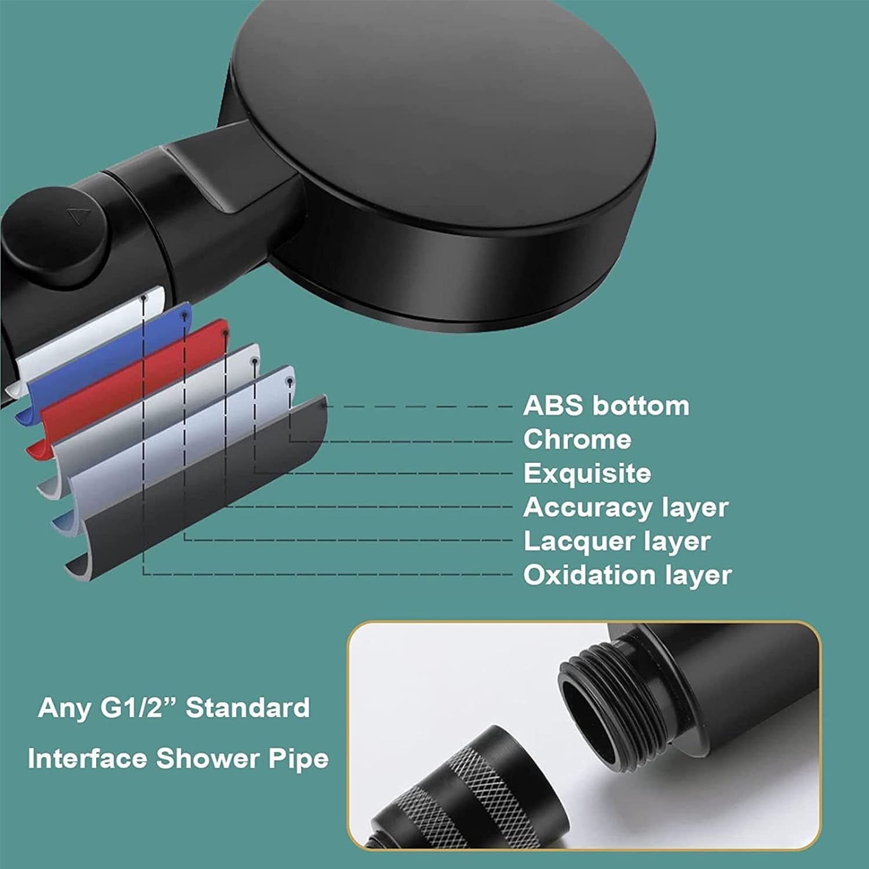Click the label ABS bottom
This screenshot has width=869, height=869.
[x=606, y=406]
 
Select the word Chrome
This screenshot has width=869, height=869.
[x=577, y=440]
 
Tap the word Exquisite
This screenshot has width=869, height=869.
[x=587, y=473]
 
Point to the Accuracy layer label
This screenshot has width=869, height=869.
[x=625, y=507]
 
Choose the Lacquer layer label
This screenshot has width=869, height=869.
[x=616, y=542]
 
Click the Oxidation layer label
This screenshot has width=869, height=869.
[x=627, y=575]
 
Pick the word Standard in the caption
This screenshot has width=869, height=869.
[x=247, y=708]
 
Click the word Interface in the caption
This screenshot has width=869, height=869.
[x=87, y=759]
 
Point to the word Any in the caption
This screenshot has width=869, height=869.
[x=64, y=708]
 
